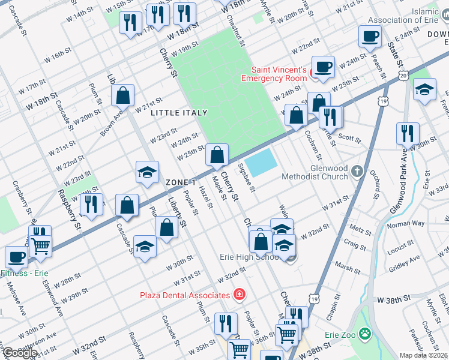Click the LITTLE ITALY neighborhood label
[x=179, y=113]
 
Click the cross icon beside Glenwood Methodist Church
[x=357, y=172]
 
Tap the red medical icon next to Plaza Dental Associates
[x=240, y=295]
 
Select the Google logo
[x=19, y=353]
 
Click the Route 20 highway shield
[x=403, y=75]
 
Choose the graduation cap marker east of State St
[x=424, y=90]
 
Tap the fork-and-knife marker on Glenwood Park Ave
[x=408, y=133]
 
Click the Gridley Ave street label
[x=405, y=262]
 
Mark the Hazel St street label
[x=206, y=197]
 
